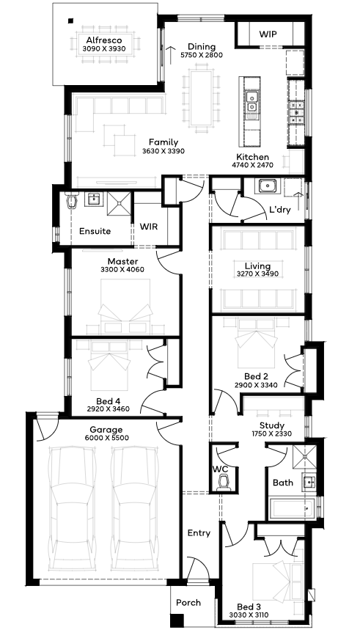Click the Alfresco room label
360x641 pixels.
pyautogui.click(x=104, y=40)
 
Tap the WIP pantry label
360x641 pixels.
pyautogui.click(x=268, y=34)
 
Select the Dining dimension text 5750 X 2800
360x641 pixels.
pyautogui.click(x=202, y=55)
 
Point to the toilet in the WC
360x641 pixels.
pyautogui.click(x=224, y=483)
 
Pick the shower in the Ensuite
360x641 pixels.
pyautogui.click(x=119, y=203)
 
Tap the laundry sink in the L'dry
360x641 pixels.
pyautogui.click(x=267, y=186)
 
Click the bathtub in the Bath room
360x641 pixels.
pyautogui.click(x=292, y=508)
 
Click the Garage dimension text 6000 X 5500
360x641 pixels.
pyautogui.click(x=106, y=438)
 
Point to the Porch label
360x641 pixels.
pyautogui.click(x=188, y=603)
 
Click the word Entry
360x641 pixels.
pyautogui.click(x=199, y=533)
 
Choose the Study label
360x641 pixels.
pyautogui.click(x=272, y=425)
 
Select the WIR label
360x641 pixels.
pyautogui.click(x=148, y=227)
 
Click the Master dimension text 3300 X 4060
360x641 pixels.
pyautogui.click(x=122, y=270)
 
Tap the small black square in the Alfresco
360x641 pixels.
pyautogui.click(x=70, y=21)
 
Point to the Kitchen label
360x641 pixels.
pyautogui.click(x=252, y=157)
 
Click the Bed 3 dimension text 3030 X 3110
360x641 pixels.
pyautogui.click(x=249, y=615)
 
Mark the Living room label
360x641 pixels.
pyautogui.click(x=258, y=266)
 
